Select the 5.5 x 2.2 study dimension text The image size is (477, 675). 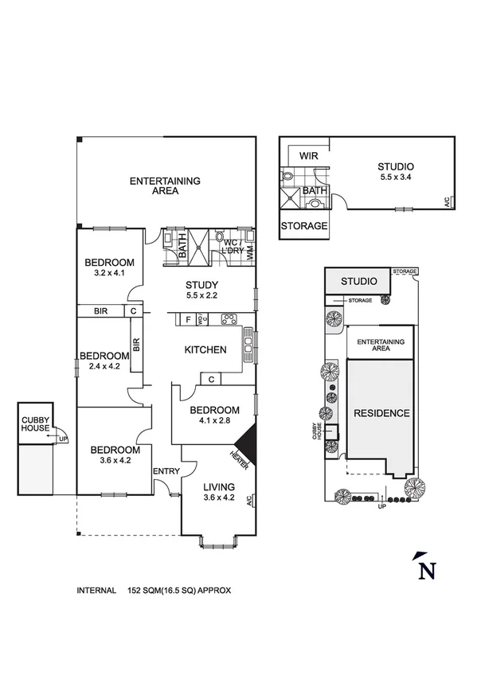pos(201,295)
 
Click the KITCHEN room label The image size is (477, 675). pos(205,349)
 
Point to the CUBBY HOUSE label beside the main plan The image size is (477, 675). pos(35,423)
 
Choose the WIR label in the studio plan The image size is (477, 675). pos(308,156)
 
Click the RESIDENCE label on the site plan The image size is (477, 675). pos(381,413)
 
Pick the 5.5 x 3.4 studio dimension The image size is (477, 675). pos(396,177)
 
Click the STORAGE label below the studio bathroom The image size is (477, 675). pos(304,226)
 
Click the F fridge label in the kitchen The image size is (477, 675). pos(188,319)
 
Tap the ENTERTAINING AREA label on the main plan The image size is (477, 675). pos(165,185)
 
